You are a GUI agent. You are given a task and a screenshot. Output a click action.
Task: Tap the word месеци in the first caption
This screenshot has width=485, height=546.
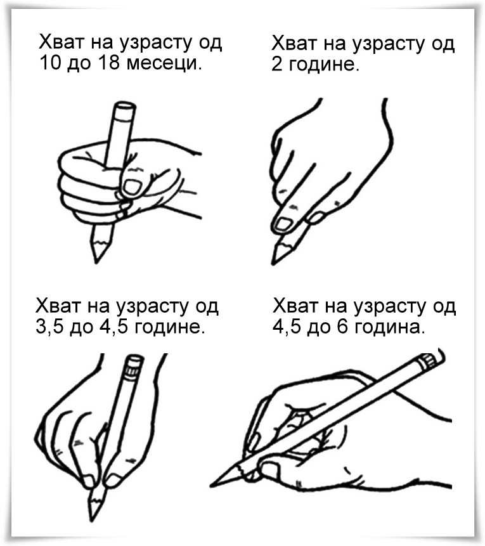[164, 63]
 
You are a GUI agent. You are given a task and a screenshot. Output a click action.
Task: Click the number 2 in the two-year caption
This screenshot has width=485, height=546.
[277, 65]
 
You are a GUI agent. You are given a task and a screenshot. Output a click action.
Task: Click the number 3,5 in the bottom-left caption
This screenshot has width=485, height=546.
[49, 327]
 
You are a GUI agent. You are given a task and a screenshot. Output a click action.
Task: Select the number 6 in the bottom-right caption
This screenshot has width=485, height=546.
[342, 327]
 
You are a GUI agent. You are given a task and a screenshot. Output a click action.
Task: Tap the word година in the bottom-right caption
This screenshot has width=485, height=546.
[390, 328]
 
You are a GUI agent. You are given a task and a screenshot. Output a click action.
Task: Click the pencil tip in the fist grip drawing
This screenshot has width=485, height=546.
[96, 259]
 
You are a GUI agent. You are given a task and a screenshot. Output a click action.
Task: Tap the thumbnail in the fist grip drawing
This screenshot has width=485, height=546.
[132, 187]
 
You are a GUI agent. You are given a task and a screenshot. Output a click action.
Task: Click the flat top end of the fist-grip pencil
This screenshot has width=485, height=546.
[124, 106]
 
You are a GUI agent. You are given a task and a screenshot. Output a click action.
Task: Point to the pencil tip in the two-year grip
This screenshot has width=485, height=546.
[274, 262]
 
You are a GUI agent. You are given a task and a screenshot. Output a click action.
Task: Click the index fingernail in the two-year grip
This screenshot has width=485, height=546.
[283, 224]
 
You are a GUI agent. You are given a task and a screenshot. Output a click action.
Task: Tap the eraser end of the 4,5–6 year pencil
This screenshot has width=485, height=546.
[432, 360]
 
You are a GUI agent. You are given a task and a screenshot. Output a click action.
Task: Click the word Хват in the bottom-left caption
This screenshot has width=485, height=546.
[58, 306]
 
